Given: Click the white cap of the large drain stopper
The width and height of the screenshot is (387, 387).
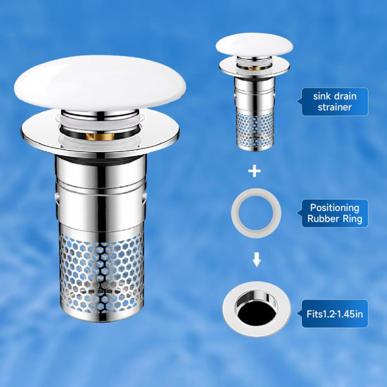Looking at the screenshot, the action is pos(100,83).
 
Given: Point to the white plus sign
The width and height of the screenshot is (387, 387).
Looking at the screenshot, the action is pos(254,171).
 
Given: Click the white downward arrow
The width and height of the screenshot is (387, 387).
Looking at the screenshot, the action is pos(257,259).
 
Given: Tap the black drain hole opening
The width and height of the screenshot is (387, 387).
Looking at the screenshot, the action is pos(257,313).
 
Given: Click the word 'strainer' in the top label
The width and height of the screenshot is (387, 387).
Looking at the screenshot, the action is pos(335,107).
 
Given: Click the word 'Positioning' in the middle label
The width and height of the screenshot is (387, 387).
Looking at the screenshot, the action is pos(335,208).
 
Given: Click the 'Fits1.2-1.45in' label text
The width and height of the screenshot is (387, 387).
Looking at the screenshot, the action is pos(335,314).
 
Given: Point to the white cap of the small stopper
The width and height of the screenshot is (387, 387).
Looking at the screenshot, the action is pos(254,45).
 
